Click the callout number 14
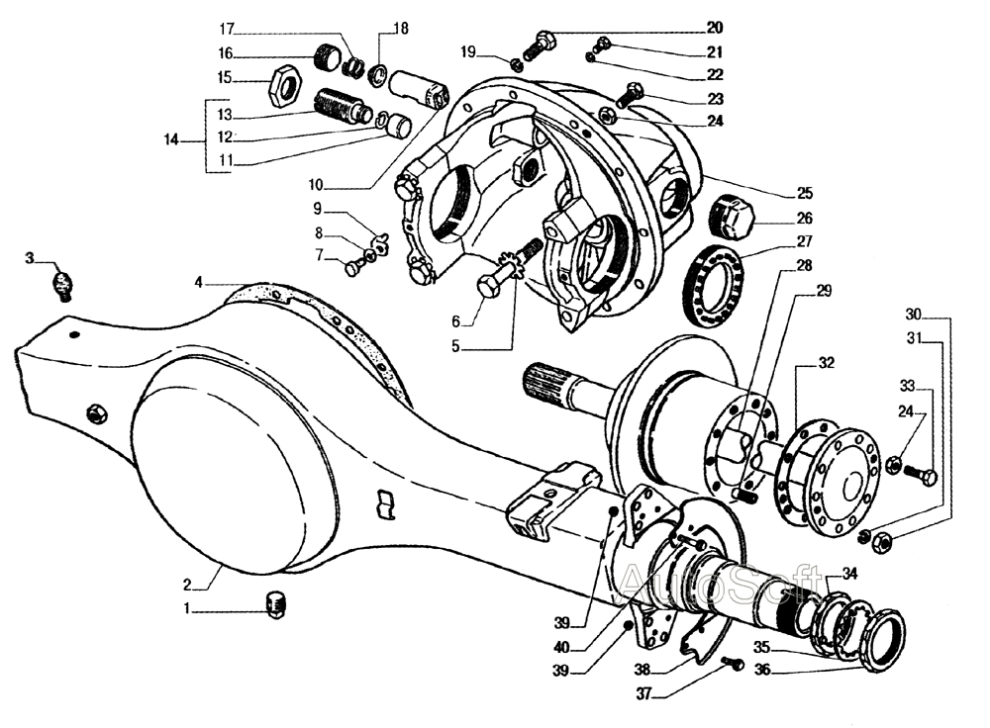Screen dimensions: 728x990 pyautogui.click(x=171, y=139)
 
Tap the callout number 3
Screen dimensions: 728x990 pyautogui.click(x=30, y=258)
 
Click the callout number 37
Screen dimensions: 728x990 pyautogui.click(x=643, y=694)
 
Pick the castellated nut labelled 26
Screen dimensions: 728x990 pyautogui.click(x=734, y=216)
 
